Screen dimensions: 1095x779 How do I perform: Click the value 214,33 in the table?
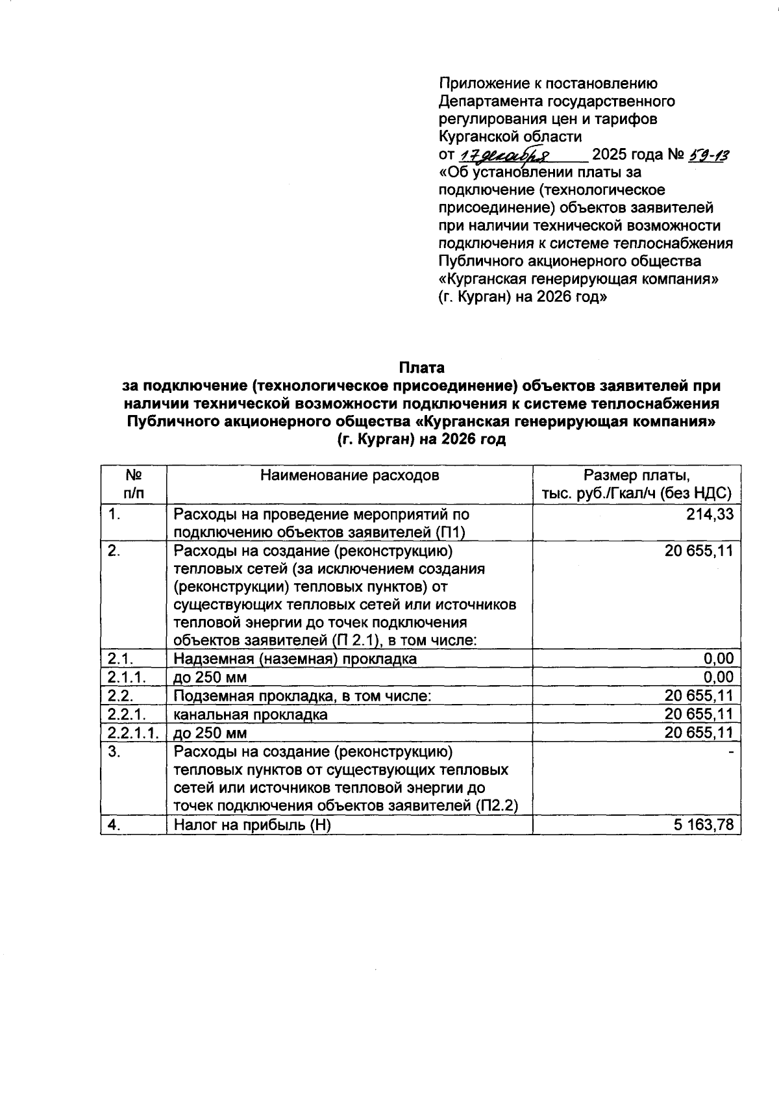point(710,514)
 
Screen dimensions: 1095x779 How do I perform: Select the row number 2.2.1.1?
point(133,733)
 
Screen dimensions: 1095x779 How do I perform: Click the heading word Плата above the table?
point(421,368)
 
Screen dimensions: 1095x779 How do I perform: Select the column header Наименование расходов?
point(349,475)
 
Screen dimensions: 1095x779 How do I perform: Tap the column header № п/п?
point(133,485)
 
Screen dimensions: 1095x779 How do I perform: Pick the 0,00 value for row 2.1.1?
point(719,677)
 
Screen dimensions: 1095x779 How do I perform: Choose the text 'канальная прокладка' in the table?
point(250,715)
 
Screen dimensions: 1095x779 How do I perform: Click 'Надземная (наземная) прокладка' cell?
point(295,659)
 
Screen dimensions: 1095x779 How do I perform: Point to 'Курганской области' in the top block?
point(510,137)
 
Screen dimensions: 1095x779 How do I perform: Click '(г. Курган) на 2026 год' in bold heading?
point(421,439)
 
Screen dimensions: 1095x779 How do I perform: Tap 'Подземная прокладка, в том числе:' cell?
point(303,696)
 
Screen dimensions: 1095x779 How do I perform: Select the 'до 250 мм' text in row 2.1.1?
point(210,677)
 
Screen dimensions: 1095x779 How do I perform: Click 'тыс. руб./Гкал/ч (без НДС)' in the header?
point(637,494)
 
